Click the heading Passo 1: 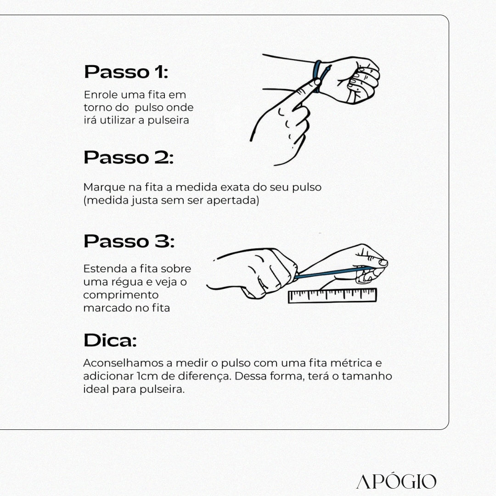(126, 72)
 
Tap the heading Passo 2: (129, 157)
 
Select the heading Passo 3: (129, 241)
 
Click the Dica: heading (110, 340)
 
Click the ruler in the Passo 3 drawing (333, 295)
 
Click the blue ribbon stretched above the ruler (334, 273)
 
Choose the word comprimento (121, 295)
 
